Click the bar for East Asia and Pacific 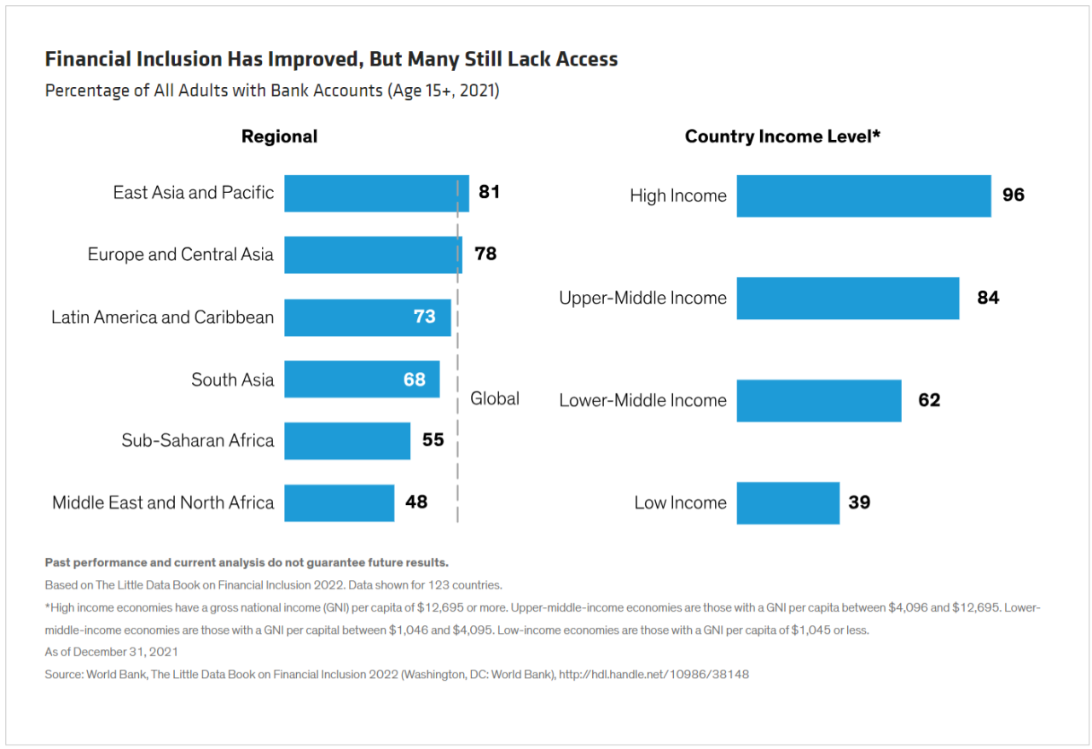377,194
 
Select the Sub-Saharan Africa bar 347,441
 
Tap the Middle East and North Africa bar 340,502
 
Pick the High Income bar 864,196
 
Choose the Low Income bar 788,503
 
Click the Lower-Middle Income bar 819,401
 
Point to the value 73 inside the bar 425,316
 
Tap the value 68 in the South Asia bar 415,380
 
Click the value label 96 1014,195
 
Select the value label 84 988,298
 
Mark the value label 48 416,502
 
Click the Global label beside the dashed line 494,399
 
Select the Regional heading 279,136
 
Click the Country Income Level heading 782,136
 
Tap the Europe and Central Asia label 180,254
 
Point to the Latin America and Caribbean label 162,317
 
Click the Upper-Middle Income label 642,298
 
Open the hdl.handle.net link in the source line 653,675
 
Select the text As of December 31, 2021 111,652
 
